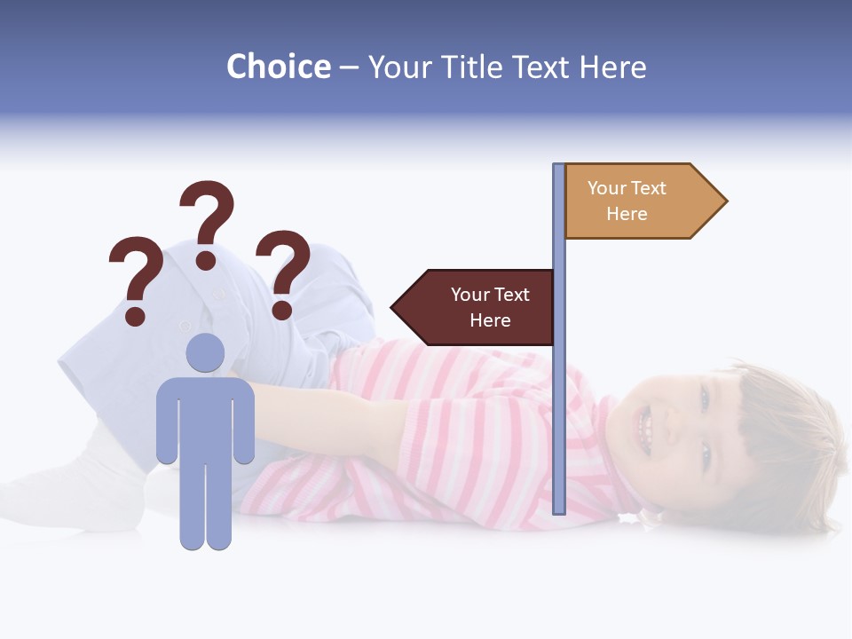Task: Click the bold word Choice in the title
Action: tap(278, 67)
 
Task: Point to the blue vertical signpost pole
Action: tap(559, 399)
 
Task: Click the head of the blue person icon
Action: tap(205, 352)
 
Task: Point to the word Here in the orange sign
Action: tap(627, 214)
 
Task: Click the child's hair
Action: tap(781, 435)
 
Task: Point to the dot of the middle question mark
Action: tap(206, 260)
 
